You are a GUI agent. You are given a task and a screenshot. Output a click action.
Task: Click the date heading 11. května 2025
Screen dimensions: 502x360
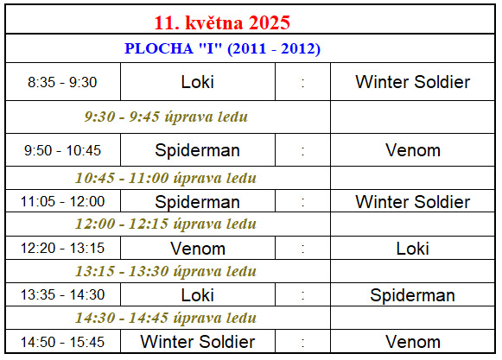point(222,22)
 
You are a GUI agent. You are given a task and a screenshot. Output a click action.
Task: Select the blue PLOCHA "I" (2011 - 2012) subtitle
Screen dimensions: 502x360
point(222,48)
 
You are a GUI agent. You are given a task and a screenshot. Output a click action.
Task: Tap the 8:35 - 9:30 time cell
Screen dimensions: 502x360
point(62,82)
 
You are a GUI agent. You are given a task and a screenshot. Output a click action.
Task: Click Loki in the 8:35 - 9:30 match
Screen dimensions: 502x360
point(198,82)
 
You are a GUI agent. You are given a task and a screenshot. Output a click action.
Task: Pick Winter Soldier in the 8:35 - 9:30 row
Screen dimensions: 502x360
point(413,82)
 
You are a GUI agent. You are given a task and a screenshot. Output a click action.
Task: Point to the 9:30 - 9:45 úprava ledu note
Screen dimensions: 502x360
point(166,117)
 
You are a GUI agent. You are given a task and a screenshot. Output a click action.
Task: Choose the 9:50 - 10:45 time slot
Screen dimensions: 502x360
point(62,150)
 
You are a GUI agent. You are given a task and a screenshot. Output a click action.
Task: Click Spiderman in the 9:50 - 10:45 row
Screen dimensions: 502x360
point(198,150)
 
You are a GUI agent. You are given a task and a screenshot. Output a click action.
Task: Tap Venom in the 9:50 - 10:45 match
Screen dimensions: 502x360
point(413,150)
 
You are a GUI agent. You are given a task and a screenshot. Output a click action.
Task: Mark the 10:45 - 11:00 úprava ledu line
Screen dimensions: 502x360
point(166,178)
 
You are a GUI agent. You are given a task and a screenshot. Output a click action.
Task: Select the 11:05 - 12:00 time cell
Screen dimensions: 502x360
point(62,202)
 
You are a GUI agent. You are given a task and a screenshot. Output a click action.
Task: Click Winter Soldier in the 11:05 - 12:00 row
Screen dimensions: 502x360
point(413,202)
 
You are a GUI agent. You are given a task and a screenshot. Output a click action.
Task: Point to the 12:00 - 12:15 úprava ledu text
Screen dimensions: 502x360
point(166,224)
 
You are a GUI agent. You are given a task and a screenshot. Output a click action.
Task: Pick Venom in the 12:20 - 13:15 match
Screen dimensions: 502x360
point(198,249)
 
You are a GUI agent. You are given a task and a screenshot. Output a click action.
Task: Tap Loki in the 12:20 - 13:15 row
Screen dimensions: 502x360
point(413,249)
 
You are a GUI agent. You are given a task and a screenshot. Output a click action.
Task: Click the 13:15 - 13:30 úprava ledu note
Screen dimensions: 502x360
point(166,271)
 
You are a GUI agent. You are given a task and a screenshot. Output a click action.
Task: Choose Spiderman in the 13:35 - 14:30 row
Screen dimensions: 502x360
point(413,295)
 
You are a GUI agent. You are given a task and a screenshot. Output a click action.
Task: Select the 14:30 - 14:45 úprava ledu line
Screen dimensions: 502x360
point(166,318)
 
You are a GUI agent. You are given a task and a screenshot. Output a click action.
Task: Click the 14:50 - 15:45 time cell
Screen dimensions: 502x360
point(62,342)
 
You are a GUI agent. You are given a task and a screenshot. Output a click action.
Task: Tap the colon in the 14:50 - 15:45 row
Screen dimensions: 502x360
point(303,343)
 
